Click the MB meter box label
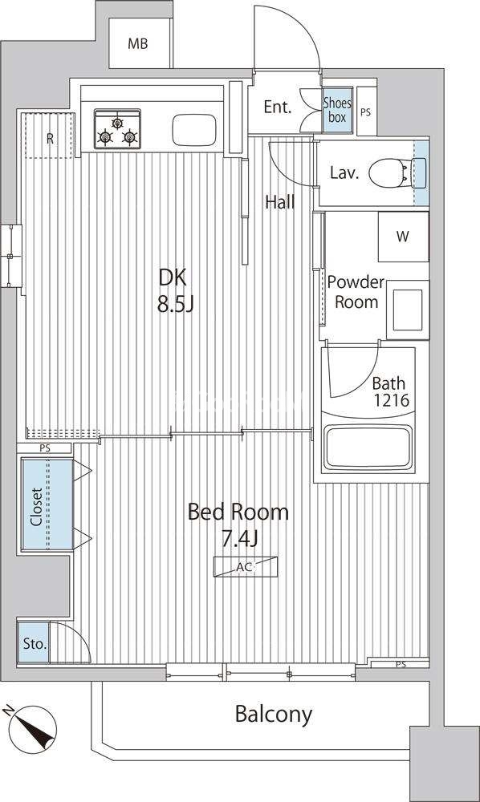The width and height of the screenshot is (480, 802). (x=137, y=44)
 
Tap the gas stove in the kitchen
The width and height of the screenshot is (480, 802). (x=117, y=129)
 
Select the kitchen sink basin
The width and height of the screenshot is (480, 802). (x=194, y=130)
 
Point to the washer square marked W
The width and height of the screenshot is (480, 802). (x=403, y=237)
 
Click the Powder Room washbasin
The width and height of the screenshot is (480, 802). (x=407, y=310)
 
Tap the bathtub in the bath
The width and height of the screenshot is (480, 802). (x=368, y=448)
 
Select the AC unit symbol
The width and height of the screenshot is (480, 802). (x=246, y=566)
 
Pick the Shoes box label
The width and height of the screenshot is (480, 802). (x=337, y=110)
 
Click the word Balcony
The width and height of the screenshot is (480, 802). (x=273, y=714)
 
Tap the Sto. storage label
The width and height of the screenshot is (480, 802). (x=35, y=644)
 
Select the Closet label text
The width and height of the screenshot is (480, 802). (x=36, y=507)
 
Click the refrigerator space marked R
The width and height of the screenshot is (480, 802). (x=50, y=138)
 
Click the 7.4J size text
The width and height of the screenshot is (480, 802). (x=238, y=539)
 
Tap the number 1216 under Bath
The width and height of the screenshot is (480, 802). (x=391, y=399)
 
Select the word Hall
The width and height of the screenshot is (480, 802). (x=280, y=203)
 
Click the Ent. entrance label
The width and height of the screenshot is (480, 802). (x=278, y=107)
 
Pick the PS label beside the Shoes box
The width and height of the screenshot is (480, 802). (x=365, y=112)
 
